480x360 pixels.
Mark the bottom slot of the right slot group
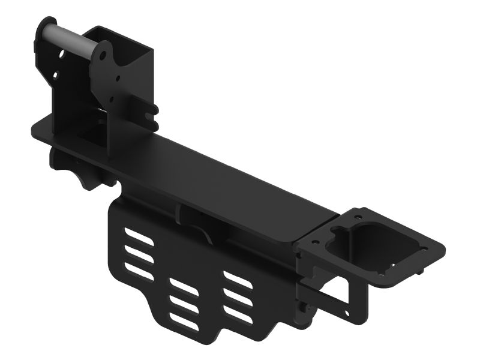point(238,313)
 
